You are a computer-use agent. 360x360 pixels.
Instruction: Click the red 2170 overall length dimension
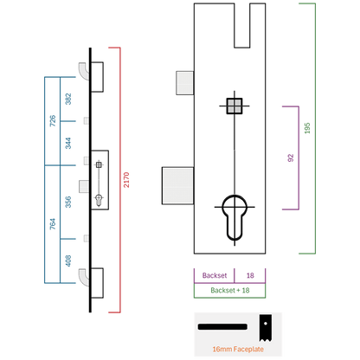pos(126,180)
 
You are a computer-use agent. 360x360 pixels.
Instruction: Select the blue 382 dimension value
pos(68,99)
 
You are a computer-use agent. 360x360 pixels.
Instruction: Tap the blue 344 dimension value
pos(68,143)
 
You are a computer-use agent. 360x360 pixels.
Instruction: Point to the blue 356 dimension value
pos(68,202)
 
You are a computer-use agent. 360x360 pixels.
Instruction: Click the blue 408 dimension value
pos(68,260)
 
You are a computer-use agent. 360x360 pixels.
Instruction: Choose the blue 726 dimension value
pos(53,121)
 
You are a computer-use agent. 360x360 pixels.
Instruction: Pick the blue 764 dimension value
pos(53,224)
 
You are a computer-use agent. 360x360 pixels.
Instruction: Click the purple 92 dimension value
pos(291,157)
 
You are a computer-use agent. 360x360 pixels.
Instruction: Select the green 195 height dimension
pos(307,128)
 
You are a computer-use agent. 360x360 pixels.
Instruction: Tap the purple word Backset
pos(215,275)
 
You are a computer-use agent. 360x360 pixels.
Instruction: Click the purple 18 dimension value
pos(250,275)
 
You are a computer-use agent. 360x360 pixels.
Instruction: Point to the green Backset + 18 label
pos(230,290)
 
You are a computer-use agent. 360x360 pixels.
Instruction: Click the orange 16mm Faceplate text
pos(238,349)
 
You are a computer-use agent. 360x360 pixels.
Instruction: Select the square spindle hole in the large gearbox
pos(235,106)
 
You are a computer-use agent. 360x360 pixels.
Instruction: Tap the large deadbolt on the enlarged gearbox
pos(177,185)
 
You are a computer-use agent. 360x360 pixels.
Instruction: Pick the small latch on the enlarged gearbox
pos(185,83)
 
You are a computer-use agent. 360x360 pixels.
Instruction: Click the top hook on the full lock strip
pos(84,71)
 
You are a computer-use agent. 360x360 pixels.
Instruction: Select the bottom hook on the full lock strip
pos(84,277)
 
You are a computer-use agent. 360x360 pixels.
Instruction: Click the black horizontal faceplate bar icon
pos(222,327)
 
